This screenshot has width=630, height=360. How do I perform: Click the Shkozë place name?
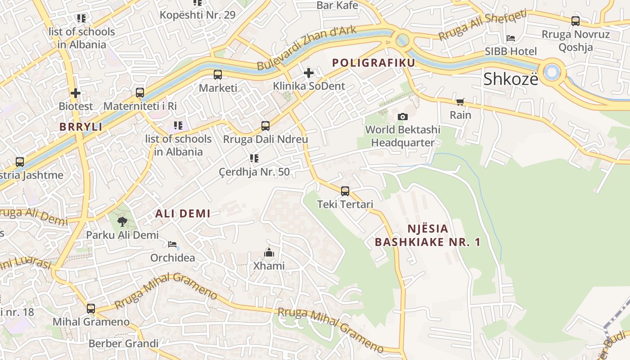pos(510,79)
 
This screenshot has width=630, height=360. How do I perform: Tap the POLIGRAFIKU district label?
pos(373,63)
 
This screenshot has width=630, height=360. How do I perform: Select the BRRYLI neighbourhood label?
pos(81,127)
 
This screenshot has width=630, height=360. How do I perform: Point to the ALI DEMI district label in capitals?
pos(183,214)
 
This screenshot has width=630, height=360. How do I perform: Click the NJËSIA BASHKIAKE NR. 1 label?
pos(427,235)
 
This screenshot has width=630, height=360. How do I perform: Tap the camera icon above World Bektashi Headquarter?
pos(403,117)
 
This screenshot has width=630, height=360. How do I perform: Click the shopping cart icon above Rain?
pos(460,102)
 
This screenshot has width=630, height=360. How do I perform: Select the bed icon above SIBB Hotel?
pos(510,38)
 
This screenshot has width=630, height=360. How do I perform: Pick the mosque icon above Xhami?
pos(269,252)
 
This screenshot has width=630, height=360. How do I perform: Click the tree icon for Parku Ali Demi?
pos(122,221)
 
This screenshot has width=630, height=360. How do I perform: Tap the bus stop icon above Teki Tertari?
pos(345,191)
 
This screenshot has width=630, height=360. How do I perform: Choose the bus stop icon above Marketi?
pos(218,75)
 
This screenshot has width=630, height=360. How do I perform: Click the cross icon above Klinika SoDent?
pos(309,72)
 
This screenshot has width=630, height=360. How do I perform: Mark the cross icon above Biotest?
pos(76,93)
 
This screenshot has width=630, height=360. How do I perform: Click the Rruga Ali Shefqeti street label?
pos(482,25)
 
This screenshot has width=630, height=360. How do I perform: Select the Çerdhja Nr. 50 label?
pos(254,172)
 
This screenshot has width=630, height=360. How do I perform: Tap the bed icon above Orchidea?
pos(172,244)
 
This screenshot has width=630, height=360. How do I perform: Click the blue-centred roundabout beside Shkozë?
pos(552,71)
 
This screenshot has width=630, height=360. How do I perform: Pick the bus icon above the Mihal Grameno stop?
pos(91,309)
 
